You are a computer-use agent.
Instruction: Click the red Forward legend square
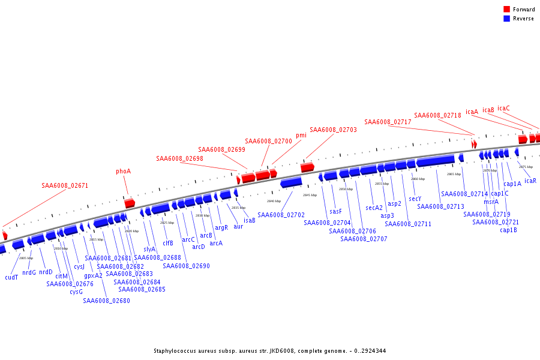click(507, 9)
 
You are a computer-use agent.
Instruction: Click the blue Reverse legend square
click(507, 19)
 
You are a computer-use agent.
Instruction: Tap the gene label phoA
click(123, 171)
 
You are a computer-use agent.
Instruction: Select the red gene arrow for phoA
click(130, 203)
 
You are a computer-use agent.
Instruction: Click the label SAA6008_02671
click(65, 185)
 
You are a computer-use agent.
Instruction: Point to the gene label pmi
click(301, 136)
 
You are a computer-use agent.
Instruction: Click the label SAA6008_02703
click(333, 130)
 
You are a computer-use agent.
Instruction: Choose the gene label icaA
click(472, 112)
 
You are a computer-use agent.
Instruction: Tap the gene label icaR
click(530, 181)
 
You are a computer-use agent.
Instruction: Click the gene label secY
click(415, 199)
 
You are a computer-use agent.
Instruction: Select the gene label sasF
click(335, 211)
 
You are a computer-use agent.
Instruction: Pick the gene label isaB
click(250, 220)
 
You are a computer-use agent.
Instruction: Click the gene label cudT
click(11, 277)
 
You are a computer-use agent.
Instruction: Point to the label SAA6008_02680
click(106, 301)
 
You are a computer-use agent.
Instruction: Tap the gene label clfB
click(168, 243)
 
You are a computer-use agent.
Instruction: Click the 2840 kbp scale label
click(274, 201)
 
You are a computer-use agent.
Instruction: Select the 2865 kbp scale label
click(454, 174)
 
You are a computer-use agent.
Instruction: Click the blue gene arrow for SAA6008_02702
click(291, 182)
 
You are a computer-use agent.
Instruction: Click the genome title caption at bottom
click(269, 351)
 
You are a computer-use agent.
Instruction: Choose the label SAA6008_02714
click(464, 194)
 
